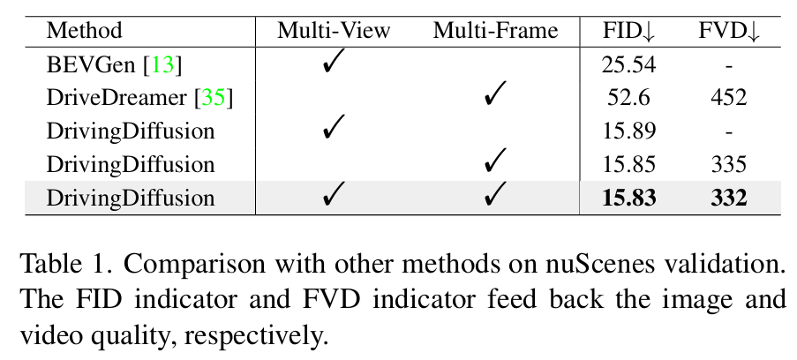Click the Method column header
[85, 31]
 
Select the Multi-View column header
[334, 31]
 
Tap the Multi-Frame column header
[495, 31]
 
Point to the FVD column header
[729, 31]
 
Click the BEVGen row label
[90, 64]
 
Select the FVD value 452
[729, 97]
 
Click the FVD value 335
[729, 164]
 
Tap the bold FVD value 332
[729, 198]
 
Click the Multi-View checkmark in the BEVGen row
[334, 64]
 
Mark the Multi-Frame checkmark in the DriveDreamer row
[495, 96]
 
